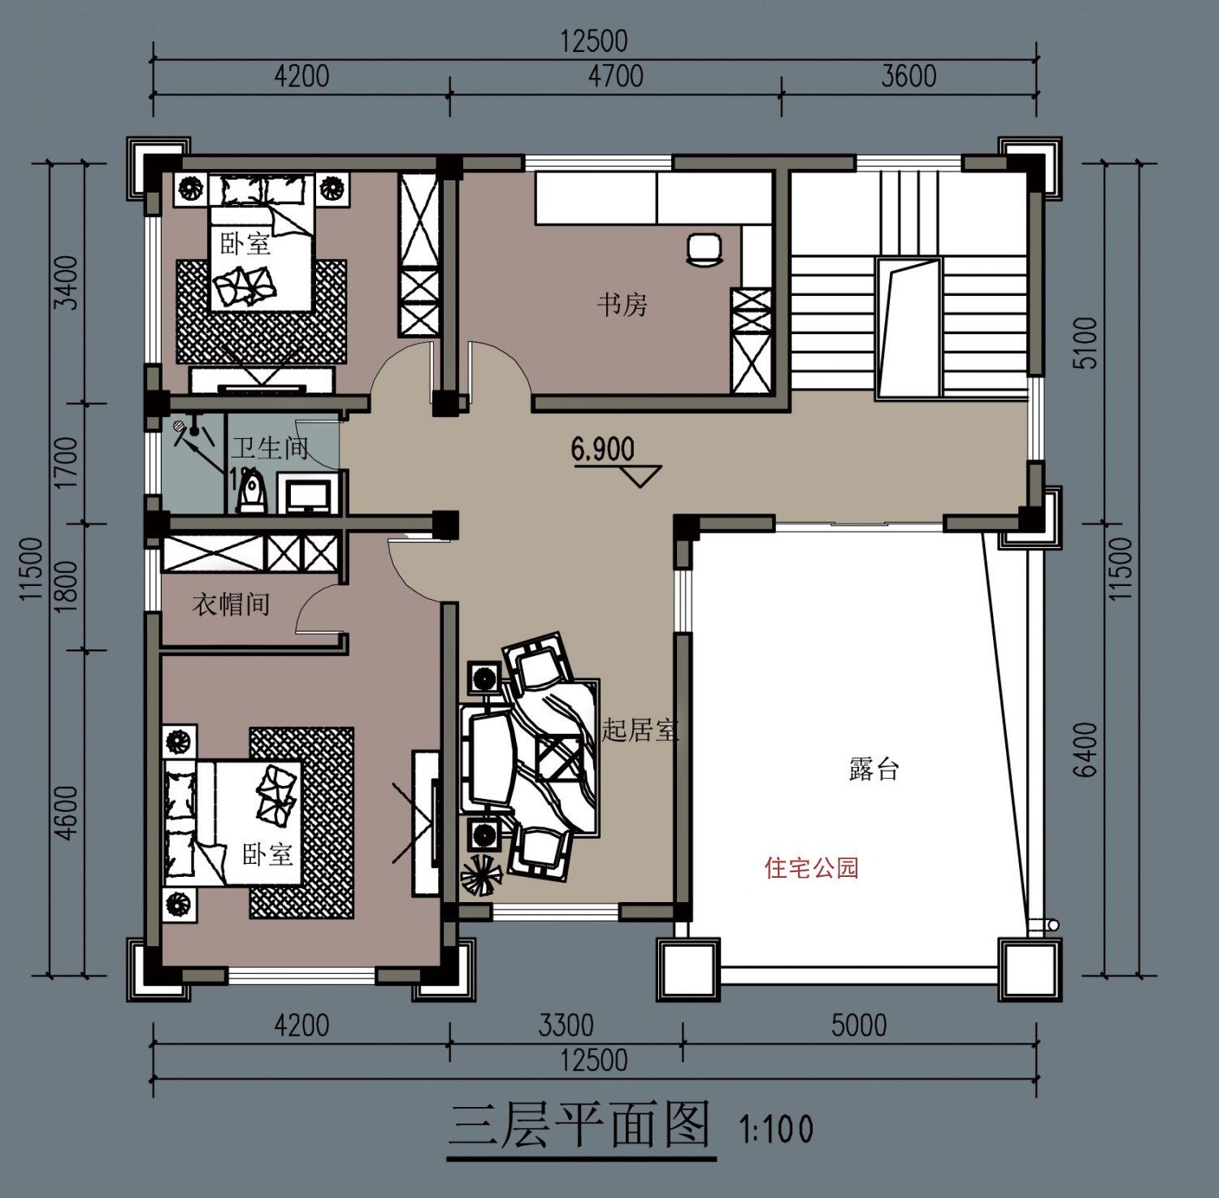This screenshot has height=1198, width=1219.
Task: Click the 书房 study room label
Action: coord(622,305)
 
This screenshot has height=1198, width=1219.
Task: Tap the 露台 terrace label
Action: coord(874,769)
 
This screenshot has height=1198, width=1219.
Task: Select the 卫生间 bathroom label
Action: coord(269,448)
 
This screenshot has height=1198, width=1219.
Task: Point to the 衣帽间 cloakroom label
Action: coord(231,604)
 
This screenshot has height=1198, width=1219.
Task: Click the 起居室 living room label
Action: coord(640,730)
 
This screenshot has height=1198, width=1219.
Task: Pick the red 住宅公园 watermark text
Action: coord(811,868)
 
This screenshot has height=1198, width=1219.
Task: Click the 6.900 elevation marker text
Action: coord(602,449)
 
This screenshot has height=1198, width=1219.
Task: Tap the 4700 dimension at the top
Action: coord(615,76)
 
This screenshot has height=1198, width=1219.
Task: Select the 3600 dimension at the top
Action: coord(909,76)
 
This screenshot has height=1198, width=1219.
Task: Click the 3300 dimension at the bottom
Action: coord(566,1026)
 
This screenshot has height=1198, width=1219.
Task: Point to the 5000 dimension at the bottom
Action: coord(858,1026)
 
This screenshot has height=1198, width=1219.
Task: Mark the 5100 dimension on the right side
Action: coord(1086,343)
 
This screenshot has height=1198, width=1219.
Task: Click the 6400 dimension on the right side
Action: coord(1086,749)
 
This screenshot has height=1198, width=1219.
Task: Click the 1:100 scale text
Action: coord(775,1129)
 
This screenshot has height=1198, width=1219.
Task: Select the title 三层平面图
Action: coord(580,1126)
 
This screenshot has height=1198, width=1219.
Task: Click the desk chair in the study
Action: coord(704,249)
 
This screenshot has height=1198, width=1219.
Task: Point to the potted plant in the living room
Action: coord(480,876)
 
